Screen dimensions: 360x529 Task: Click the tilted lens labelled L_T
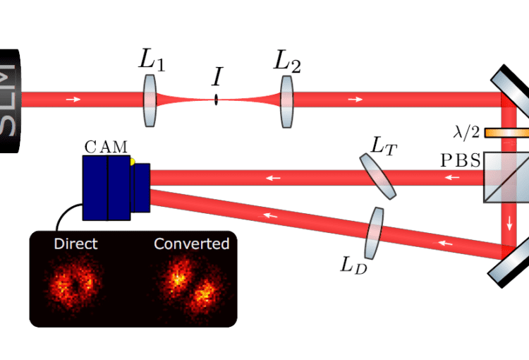coord(379,176)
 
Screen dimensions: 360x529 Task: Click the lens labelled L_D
coord(373,233)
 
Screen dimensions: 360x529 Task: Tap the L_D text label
coord(352,265)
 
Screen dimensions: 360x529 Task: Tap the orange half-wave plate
coord(506,132)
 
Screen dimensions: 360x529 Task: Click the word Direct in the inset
coord(75,244)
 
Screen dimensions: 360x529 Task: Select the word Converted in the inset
coord(192,244)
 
